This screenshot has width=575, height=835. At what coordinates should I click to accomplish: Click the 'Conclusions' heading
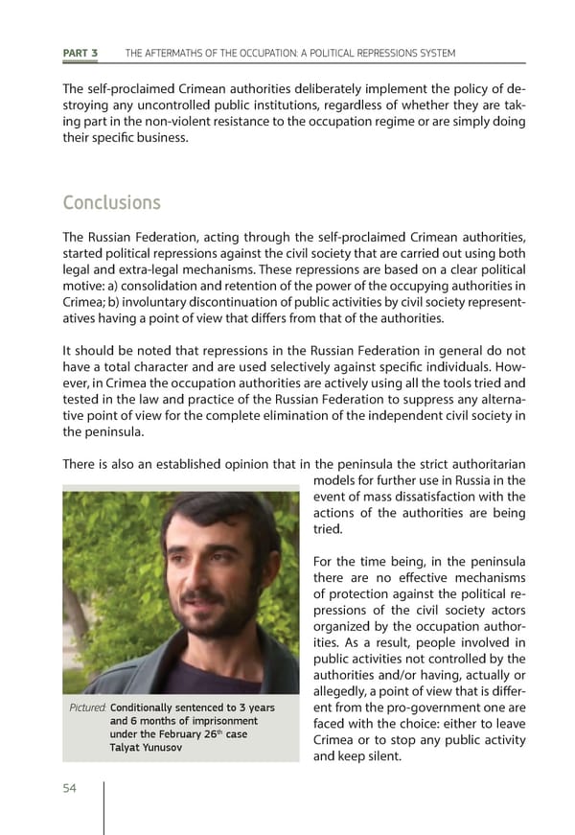[111, 204]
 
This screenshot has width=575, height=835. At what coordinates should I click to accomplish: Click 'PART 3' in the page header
[80, 53]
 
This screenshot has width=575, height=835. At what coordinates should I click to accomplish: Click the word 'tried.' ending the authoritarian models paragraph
[327, 529]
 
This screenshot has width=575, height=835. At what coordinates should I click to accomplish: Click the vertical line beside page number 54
[103, 806]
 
